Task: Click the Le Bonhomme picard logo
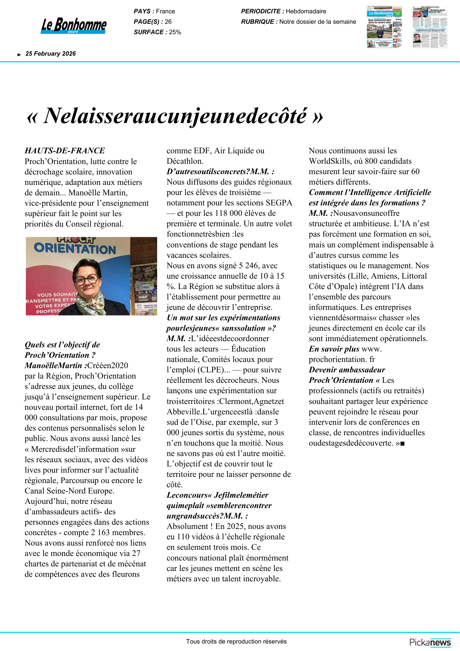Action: [x=74, y=25]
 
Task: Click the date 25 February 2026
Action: [x=50, y=54]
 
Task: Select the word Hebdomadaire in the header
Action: [x=306, y=11]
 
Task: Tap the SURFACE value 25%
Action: [x=175, y=32]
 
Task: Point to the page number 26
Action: [x=168, y=22]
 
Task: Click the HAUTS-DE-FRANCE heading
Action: [x=65, y=151]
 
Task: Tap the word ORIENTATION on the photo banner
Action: [x=75, y=249]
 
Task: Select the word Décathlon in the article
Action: [x=185, y=161]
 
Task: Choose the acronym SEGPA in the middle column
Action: [x=279, y=203]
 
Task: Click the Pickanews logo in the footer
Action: [x=430, y=642]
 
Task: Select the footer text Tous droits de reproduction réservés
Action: [x=236, y=642]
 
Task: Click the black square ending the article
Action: [x=402, y=444]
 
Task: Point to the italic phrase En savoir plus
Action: [x=334, y=349]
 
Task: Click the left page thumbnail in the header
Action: [x=384, y=27]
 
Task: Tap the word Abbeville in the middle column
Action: [x=183, y=412]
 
